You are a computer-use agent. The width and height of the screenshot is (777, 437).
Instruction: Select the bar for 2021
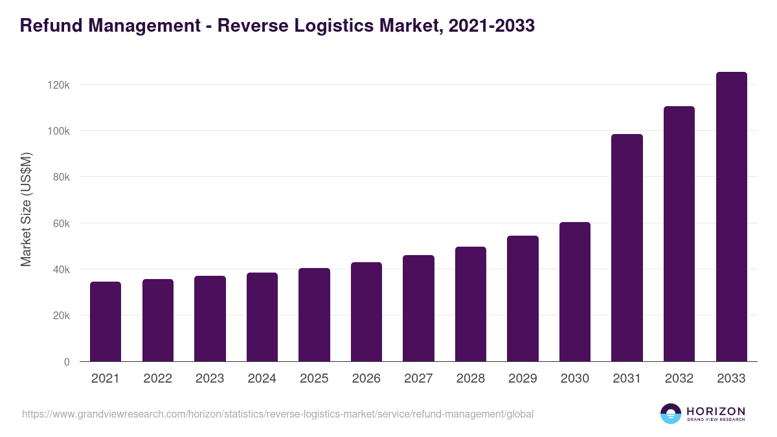click(106, 322)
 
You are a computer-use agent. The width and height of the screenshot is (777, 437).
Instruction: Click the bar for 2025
click(314, 315)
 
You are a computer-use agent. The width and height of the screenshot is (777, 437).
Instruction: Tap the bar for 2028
click(471, 304)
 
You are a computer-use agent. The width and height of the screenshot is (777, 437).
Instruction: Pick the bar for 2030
click(575, 292)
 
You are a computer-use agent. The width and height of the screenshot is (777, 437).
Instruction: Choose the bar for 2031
click(627, 248)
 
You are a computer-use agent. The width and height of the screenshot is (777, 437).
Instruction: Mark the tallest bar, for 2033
click(731, 217)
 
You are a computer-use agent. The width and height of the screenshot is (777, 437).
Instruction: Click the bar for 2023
click(210, 319)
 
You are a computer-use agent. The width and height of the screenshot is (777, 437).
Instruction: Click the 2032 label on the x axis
click(679, 379)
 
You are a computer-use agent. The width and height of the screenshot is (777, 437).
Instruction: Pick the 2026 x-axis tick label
click(366, 379)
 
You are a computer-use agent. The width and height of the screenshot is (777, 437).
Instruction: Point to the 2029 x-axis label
click(523, 379)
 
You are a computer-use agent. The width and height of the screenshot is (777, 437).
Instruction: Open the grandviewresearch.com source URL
click(278, 414)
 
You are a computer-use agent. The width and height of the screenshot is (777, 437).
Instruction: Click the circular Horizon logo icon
click(671, 414)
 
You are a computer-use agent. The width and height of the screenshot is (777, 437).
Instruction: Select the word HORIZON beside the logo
click(715, 410)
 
